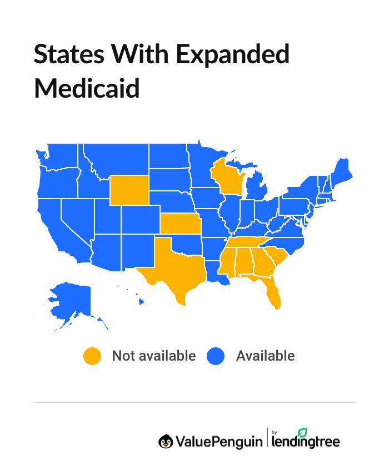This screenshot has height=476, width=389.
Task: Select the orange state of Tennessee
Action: (245, 244)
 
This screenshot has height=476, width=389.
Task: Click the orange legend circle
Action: (92, 356)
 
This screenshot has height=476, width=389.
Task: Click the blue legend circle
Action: (216, 356)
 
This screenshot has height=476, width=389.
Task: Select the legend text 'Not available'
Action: (154, 356)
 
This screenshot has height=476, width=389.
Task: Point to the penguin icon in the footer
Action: (166, 441)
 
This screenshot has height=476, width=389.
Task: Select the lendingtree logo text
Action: (305, 442)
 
